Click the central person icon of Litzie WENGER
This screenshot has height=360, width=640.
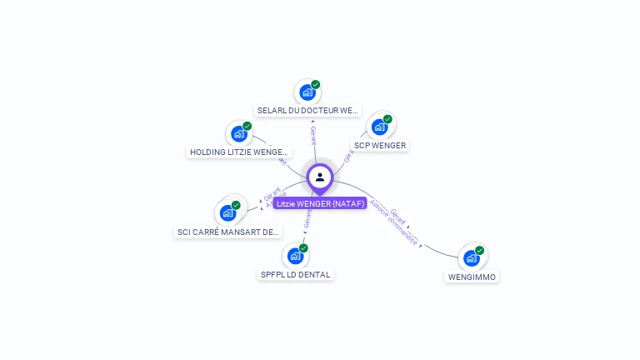(x=320, y=177)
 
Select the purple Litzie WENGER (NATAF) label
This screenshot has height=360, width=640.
(x=320, y=203)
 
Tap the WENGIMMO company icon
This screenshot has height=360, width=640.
(x=472, y=258)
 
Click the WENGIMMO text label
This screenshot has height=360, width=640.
(x=472, y=277)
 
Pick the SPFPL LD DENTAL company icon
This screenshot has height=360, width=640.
(x=295, y=256)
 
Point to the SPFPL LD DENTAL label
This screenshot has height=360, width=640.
(x=295, y=274)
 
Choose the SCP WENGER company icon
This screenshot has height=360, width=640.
(x=380, y=127)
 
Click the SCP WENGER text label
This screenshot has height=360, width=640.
(x=380, y=146)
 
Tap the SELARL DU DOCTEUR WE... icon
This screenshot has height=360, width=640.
(x=307, y=92)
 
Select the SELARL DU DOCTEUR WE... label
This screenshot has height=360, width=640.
(x=307, y=110)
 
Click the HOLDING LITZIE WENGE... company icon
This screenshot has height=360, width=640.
(x=239, y=133)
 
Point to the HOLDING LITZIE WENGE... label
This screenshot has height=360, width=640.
(x=239, y=152)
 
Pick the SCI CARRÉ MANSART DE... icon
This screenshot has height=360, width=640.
(x=228, y=212)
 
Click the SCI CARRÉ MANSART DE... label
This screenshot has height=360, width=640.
(x=228, y=232)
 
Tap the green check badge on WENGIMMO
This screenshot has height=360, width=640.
(x=480, y=250)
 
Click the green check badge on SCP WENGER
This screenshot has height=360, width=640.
(x=387, y=119)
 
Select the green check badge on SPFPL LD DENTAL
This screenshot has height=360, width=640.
(x=303, y=248)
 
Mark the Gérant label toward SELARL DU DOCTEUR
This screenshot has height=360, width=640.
(x=313, y=136)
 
